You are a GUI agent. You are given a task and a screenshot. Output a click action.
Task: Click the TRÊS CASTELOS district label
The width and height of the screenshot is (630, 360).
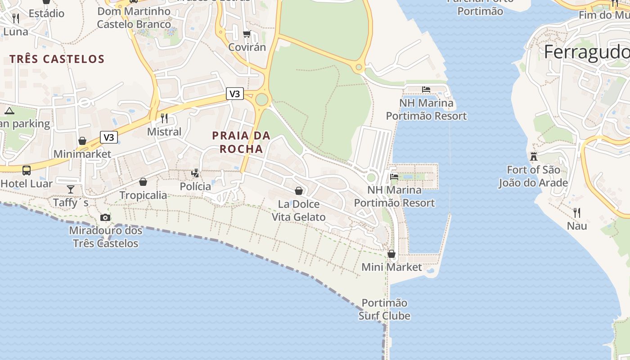(x=57, y=59)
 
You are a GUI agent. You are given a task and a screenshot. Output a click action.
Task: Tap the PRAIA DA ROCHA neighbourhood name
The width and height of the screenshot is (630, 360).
(x=241, y=142)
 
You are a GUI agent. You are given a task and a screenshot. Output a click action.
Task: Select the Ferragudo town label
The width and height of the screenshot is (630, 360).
(x=586, y=52)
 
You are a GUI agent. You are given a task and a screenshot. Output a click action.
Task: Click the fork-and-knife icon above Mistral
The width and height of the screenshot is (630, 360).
(x=164, y=118)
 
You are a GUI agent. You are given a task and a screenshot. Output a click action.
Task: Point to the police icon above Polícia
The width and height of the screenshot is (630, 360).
(x=195, y=173)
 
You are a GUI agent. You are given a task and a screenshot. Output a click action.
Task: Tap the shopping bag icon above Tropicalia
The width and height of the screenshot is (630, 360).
(x=143, y=182)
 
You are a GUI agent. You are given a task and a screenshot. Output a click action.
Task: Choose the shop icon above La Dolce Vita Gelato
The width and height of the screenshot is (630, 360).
(x=299, y=191)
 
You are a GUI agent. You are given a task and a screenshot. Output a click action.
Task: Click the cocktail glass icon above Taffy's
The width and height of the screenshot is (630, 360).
(x=71, y=189)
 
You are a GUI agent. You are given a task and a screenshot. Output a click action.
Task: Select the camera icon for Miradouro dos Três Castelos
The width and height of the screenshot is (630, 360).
(x=105, y=218)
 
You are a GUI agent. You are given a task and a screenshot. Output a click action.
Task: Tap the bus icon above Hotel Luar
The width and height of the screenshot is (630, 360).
(x=27, y=171)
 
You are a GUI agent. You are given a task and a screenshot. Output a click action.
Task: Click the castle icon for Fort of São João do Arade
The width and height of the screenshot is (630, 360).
(x=534, y=156)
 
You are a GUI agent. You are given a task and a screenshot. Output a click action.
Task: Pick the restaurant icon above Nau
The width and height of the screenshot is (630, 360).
(x=577, y=212)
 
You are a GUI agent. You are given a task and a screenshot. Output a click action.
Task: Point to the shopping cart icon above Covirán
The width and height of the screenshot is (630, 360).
(x=247, y=34)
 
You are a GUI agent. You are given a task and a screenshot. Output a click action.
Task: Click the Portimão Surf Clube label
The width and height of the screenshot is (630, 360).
(x=384, y=309)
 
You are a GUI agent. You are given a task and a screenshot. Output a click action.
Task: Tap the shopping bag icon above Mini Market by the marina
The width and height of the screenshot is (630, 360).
(x=391, y=254)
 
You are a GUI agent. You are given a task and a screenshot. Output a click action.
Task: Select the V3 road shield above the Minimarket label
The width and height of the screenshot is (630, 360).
(x=108, y=137)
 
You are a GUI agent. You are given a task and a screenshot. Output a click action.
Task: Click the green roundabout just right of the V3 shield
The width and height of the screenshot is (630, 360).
(x=261, y=99)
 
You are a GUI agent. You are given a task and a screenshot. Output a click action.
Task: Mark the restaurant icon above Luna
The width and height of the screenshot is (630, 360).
(x=16, y=18)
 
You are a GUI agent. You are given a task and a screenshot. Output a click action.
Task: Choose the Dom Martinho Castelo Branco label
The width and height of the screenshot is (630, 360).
(x=134, y=18)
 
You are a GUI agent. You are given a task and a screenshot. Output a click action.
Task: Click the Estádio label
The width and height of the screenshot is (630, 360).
(x=46, y=13)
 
